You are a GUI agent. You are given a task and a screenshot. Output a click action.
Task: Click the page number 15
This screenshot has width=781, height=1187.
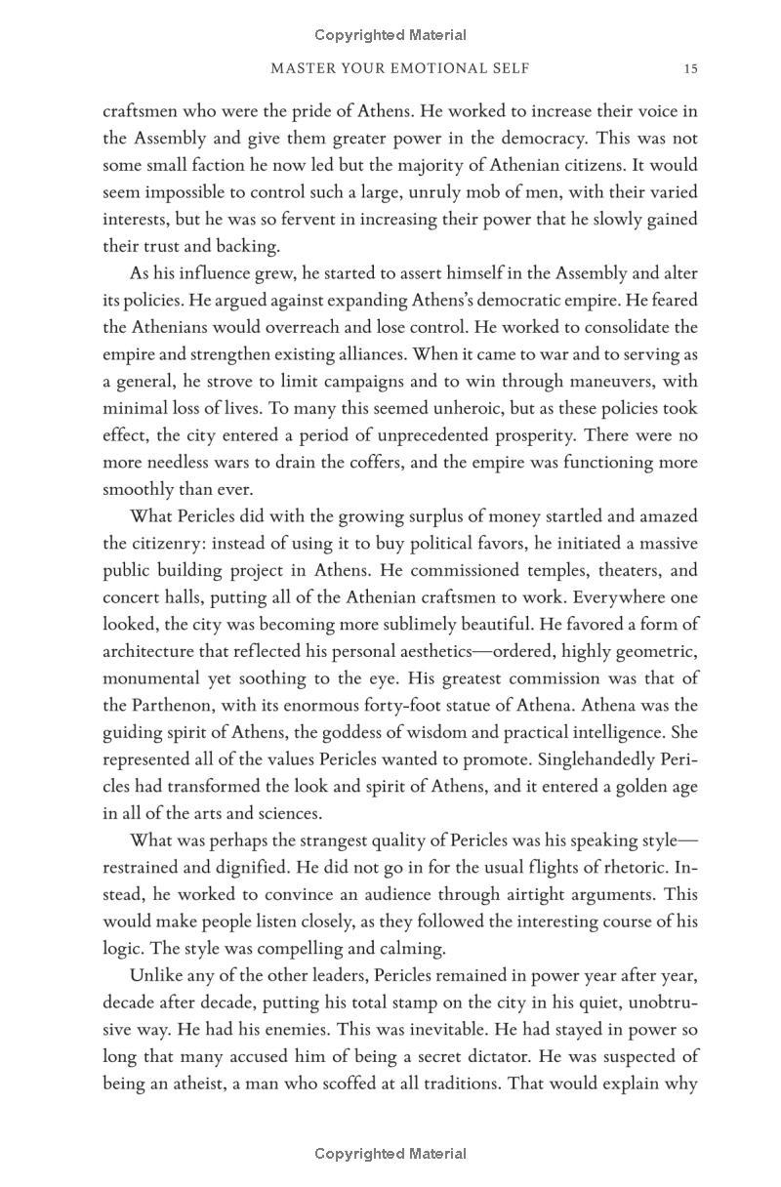pos(690,69)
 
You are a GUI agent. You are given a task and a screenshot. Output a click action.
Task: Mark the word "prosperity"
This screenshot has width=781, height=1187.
pos(525,435)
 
